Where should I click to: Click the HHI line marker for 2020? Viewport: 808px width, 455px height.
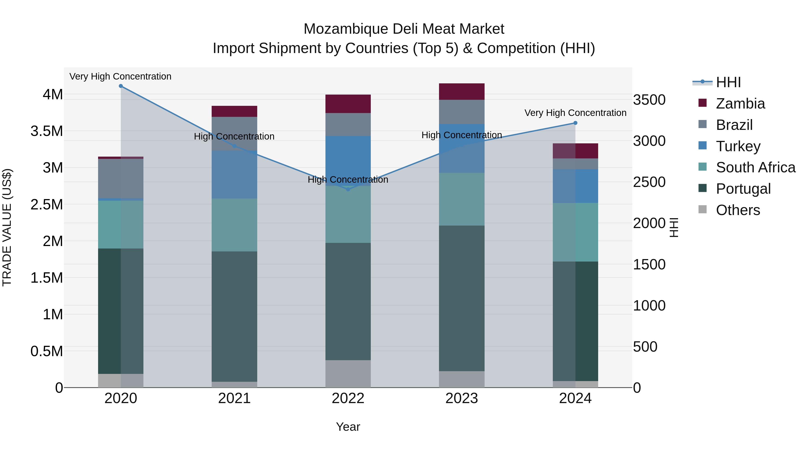[121, 86]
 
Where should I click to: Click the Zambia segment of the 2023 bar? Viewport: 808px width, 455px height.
[461, 92]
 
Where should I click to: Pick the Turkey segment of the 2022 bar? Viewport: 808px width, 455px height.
[348, 161]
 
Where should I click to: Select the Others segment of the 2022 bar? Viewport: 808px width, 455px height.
[348, 374]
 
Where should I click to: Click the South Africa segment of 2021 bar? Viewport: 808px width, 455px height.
[234, 225]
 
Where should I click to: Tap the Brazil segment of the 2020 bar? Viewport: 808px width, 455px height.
[121, 178]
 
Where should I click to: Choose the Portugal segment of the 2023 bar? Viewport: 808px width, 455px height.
[461, 298]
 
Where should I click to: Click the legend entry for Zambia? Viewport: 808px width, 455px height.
[740, 104]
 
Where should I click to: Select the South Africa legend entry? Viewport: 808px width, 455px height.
[755, 167]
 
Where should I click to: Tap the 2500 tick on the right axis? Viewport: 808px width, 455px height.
[649, 182]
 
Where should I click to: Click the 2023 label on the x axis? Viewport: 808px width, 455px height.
[461, 398]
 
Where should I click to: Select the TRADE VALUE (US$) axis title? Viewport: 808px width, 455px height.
[7, 227]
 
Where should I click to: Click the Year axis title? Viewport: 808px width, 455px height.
[348, 427]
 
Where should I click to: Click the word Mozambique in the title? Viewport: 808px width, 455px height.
[345, 29]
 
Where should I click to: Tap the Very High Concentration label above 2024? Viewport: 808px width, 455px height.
[575, 113]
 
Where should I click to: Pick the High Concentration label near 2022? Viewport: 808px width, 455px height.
[348, 180]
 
